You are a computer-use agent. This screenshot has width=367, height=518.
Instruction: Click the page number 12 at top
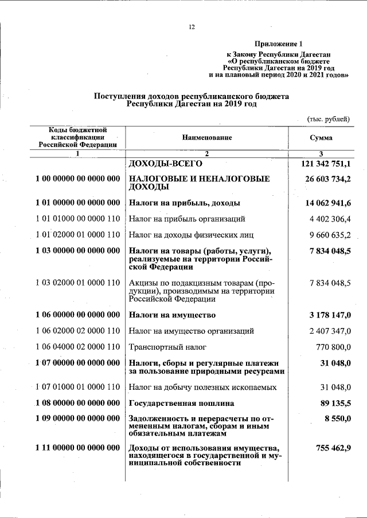pos(192,27)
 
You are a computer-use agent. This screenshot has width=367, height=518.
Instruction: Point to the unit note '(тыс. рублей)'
pos(328,118)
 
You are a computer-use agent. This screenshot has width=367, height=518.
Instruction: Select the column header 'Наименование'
pos(207,137)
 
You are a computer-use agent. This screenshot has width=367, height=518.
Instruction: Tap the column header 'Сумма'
pos(321,137)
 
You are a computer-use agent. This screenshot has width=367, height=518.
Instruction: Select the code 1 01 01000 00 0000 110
pos(77,219)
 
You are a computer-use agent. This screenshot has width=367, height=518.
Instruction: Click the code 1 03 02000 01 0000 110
pos(77,282)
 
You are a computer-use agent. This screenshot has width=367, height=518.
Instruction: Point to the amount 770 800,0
pos(333,347)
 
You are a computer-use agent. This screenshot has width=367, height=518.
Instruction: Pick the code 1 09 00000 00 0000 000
pos(77,418)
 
